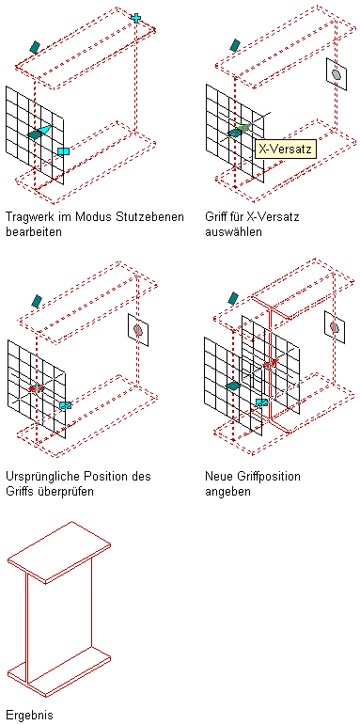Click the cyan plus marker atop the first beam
[135, 18]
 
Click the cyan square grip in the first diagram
[63, 151]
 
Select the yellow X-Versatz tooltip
[286, 150]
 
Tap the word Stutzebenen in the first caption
[155, 217]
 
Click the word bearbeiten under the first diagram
[34, 232]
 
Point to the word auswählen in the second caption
[233, 232]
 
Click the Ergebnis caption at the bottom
[29, 716]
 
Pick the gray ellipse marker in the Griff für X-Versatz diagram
[337, 74]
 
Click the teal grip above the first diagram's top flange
[35, 46]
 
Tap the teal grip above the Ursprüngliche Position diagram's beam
[37, 301]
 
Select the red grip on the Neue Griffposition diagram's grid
[270, 364]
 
